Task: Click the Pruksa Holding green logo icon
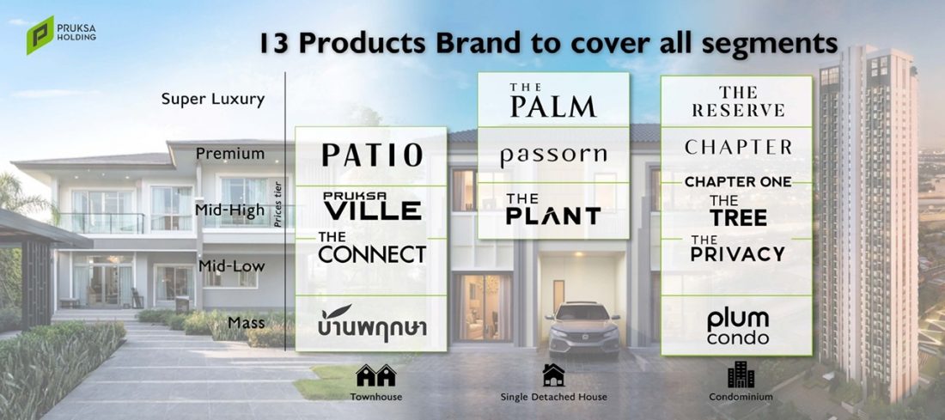(40, 35)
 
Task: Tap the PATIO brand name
(372, 155)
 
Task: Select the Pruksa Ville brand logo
(372, 206)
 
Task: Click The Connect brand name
(372, 247)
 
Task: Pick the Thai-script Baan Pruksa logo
(372, 324)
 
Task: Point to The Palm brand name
(553, 100)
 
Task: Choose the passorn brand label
(553, 156)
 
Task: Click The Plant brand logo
(553, 210)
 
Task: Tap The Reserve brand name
(738, 101)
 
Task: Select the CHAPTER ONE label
(738, 181)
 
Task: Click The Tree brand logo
(738, 210)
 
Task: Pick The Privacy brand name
(738, 248)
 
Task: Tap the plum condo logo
(738, 326)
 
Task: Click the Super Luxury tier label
(213, 100)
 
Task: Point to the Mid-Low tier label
(231, 265)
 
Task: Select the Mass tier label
(246, 322)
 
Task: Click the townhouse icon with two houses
(376, 374)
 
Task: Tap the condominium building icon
(741, 374)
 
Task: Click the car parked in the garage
(582, 329)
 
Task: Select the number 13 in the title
(275, 44)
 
